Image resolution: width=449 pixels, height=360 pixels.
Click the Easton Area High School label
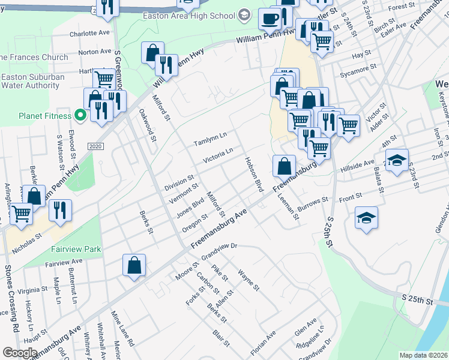pos(188,15)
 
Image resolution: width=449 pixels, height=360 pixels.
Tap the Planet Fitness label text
pos(44,115)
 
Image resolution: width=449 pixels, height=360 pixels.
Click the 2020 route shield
pos(95,146)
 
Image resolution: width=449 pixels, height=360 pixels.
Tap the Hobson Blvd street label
pos(254,175)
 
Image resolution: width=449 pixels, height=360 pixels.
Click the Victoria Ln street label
pos(217,156)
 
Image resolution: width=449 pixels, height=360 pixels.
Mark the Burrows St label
pos(313,202)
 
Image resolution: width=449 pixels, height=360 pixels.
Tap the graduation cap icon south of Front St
pos(366,219)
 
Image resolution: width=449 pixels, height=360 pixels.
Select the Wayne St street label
pos(248,280)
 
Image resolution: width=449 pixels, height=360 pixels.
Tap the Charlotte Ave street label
pos(89,34)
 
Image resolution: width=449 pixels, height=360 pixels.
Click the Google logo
pos(20,352)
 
